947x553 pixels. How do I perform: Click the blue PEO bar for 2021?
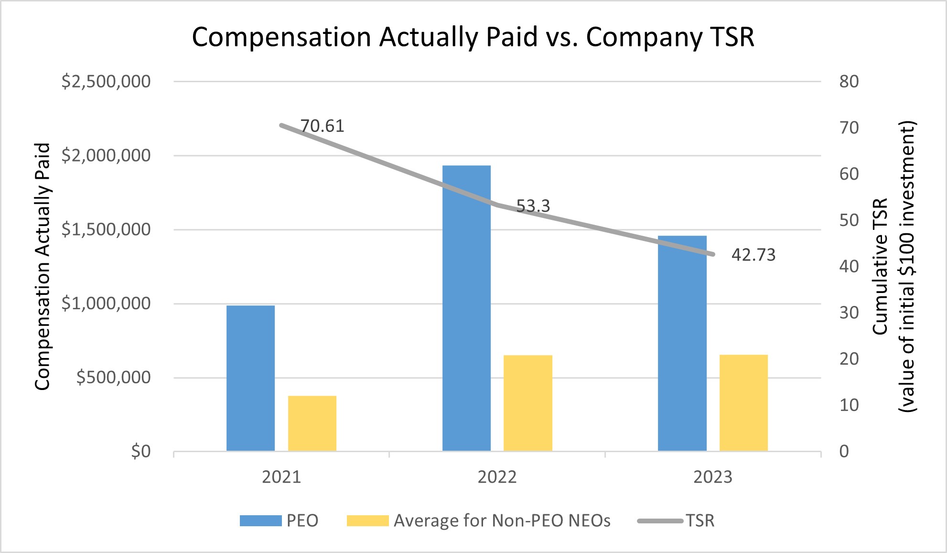pyautogui.click(x=250, y=378)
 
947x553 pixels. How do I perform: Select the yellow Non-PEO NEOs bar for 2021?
pyautogui.click(x=312, y=423)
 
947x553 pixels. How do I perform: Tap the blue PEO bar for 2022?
pyautogui.click(x=466, y=308)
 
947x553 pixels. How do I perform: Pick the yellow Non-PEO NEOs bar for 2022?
pyautogui.click(x=527, y=403)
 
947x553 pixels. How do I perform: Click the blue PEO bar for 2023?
pyautogui.click(x=682, y=343)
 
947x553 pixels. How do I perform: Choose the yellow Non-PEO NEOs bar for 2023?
pyautogui.click(x=743, y=403)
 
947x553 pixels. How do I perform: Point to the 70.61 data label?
pyautogui.click(x=322, y=126)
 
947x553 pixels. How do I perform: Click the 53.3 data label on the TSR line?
pyautogui.click(x=533, y=206)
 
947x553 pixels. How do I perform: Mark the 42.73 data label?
pyautogui.click(x=753, y=255)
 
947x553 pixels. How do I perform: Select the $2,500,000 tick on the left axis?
pyautogui.click(x=106, y=82)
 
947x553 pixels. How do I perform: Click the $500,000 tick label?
pyautogui.click(x=114, y=378)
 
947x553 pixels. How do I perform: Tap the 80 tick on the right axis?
pyautogui.click(x=849, y=82)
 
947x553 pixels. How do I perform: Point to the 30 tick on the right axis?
pyautogui.click(x=849, y=313)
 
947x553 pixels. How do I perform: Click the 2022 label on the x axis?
pyautogui.click(x=497, y=477)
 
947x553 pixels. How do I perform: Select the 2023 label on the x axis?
pyautogui.click(x=712, y=477)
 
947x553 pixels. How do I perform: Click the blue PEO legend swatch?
pyautogui.click(x=260, y=520)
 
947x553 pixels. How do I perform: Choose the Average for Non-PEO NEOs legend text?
pyautogui.click(x=502, y=520)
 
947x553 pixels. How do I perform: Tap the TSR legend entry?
pyautogui.click(x=700, y=520)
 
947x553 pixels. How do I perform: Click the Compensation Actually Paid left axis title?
pyautogui.click(x=43, y=266)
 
